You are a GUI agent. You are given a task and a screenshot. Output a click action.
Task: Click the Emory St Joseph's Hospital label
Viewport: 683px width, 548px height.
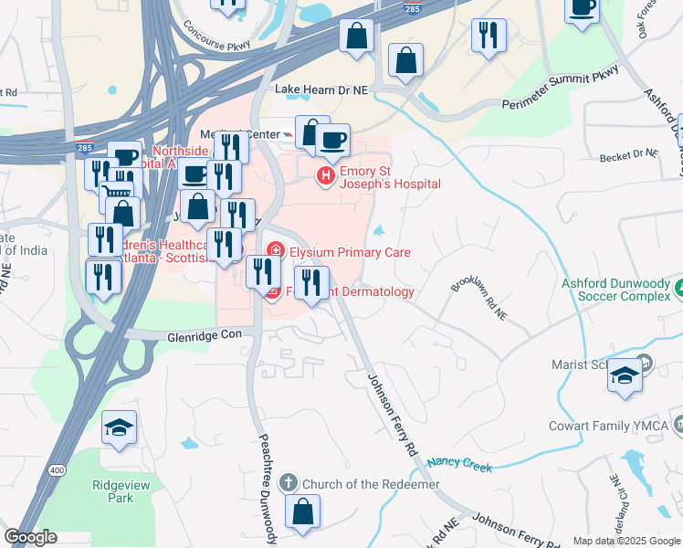click(x=390, y=177)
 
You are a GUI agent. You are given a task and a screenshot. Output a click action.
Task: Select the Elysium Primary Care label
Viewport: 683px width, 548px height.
click(x=350, y=252)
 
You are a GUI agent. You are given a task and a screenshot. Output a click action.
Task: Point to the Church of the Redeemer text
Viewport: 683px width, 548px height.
click(x=371, y=483)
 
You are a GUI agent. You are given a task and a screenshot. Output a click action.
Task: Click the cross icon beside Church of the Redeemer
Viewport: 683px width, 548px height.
click(x=289, y=482)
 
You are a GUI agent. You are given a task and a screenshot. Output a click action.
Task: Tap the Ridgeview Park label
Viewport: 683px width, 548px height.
click(x=112, y=491)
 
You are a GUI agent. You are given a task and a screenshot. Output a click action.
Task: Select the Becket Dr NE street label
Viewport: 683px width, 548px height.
click(x=630, y=157)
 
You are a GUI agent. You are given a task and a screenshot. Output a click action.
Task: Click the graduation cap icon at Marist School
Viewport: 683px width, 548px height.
click(x=625, y=375)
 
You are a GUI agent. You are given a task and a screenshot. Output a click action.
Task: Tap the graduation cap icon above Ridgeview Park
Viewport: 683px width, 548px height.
click(x=119, y=427)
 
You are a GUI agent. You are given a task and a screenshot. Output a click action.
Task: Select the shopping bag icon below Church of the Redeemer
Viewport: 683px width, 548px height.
click(x=302, y=512)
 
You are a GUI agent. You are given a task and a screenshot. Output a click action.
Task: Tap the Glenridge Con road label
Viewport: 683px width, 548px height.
click(x=204, y=335)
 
